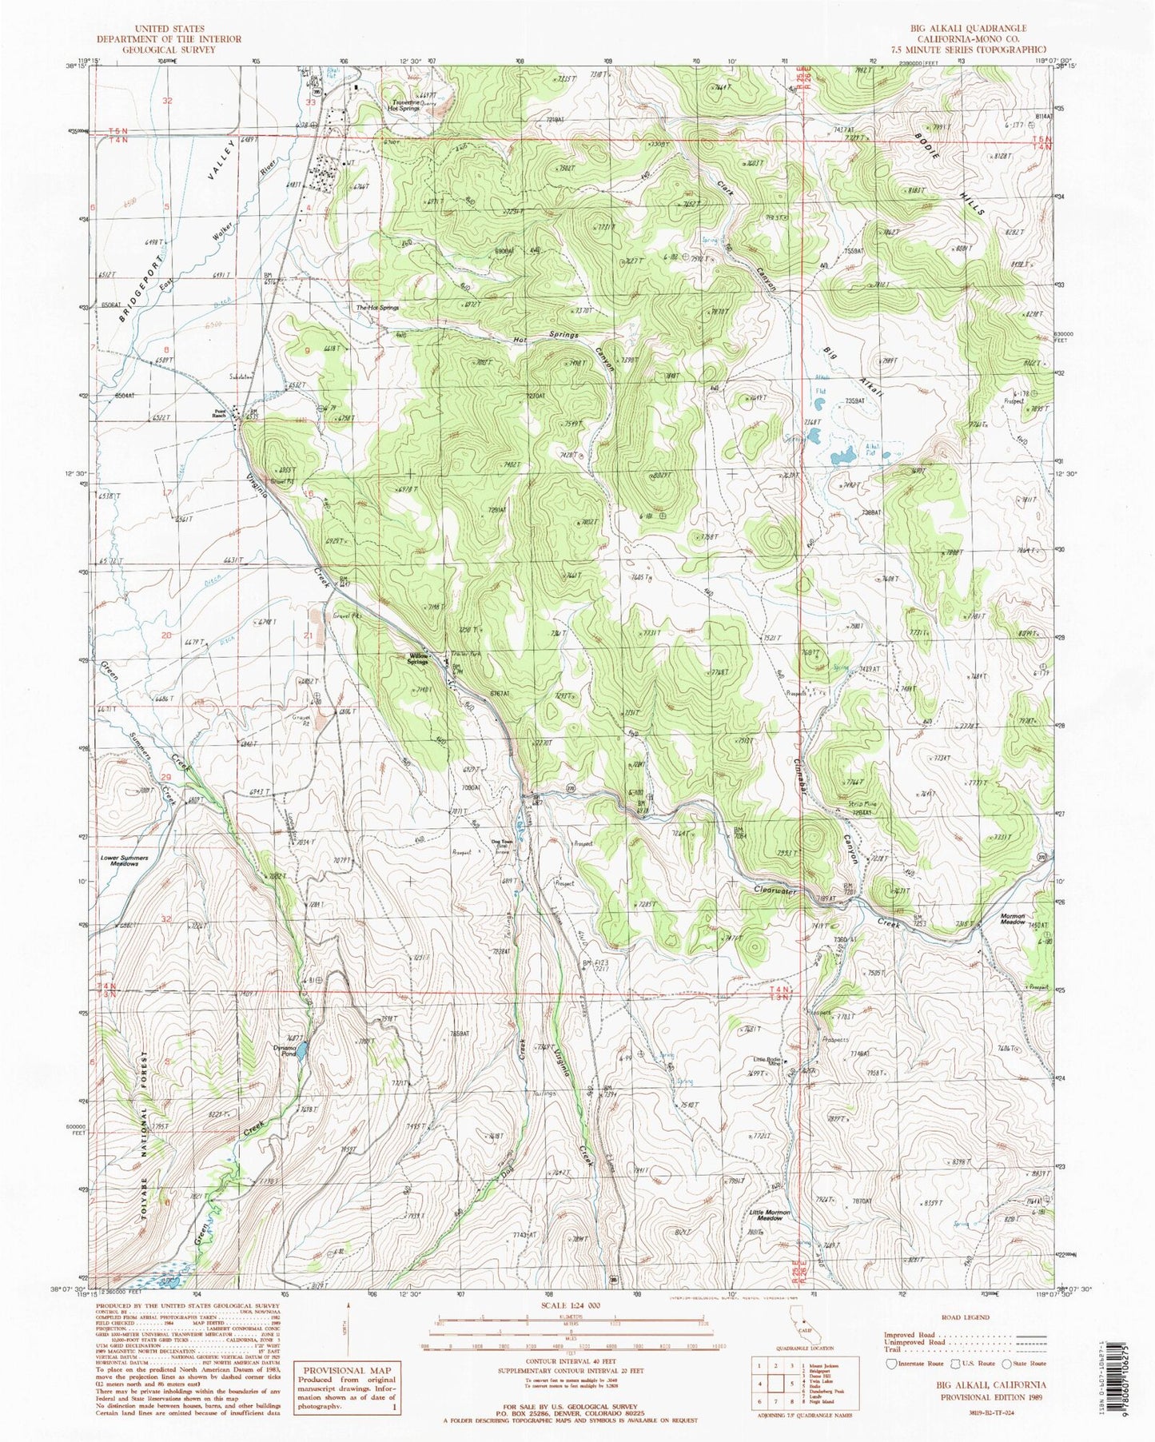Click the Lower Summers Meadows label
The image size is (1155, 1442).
[x=125, y=861]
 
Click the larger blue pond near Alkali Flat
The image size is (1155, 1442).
[x=842, y=458]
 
